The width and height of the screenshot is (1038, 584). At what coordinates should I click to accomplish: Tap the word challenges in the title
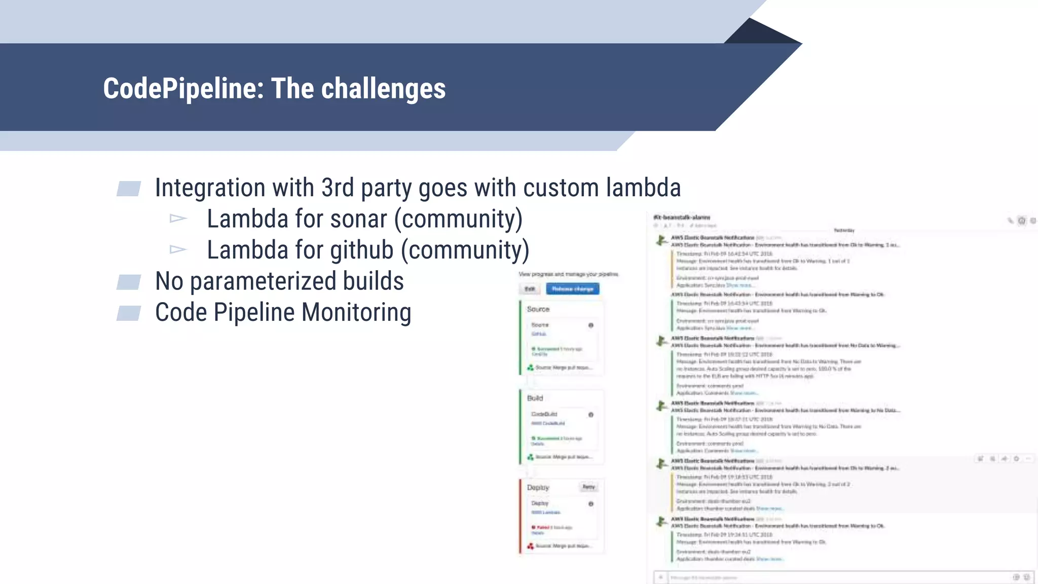pyautogui.click(x=383, y=89)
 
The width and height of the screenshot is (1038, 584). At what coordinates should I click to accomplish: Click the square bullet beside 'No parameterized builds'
pyautogui.click(x=129, y=282)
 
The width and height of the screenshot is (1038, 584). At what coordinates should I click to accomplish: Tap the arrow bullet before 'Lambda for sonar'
pyautogui.click(x=178, y=218)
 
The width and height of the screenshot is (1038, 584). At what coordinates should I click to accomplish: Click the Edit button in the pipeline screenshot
pyautogui.click(x=530, y=289)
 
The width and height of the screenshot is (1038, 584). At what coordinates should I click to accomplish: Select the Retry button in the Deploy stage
pyautogui.click(x=588, y=487)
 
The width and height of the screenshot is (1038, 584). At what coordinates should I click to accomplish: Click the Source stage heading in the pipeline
pyautogui.click(x=538, y=309)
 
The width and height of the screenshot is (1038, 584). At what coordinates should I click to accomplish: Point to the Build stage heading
pyautogui.click(x=535, y=398)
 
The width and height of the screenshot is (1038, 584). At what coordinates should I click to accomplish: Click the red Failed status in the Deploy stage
pyautogui.click(x=543, y=527)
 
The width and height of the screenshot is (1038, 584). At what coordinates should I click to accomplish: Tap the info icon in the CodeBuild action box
pyautogui.click(x=591, y=415)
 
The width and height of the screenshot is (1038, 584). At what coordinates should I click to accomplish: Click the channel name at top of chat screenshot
pyautogui.click(x=682, y=217)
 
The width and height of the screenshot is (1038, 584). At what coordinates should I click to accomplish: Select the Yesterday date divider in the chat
pyautogui.click(x=844, y=230)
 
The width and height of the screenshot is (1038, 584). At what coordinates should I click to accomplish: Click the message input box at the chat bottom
pyautogui.click(x=836, y=577)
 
